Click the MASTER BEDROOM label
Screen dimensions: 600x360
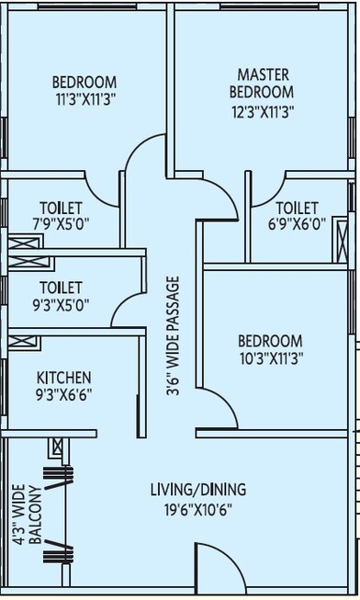pyautogui.click(x=264, y=83)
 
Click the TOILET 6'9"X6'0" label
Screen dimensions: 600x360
pyautogui.click(x=296, y=216)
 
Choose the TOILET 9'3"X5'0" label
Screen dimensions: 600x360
pyautogui.click(x=61, y=296)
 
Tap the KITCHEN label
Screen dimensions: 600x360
pyautogui.click(x=63, y=377)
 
